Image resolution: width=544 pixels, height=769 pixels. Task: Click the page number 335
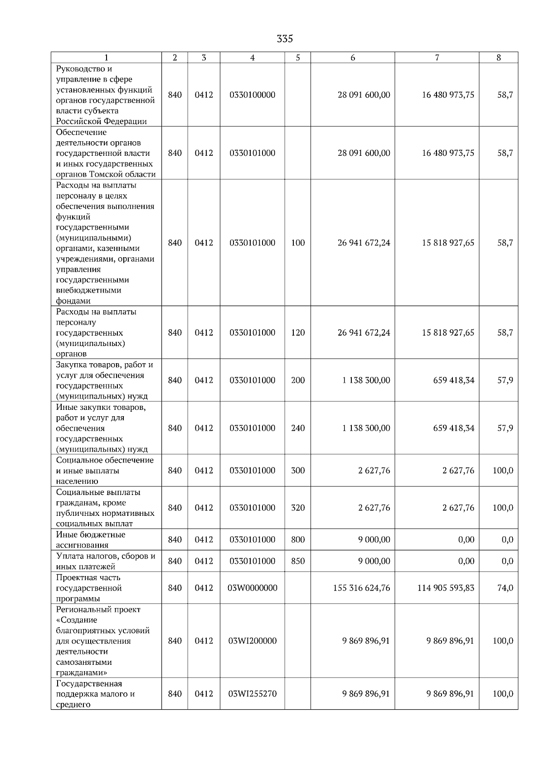click(285, 39)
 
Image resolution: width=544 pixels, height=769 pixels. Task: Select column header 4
click(253, 58)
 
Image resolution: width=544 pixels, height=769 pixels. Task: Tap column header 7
click(437, 58)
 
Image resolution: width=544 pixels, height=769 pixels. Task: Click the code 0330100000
click(253, 95)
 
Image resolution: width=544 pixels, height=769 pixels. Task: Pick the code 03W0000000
click(253, 588)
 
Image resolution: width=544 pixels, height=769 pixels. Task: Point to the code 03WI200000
click(253, 641)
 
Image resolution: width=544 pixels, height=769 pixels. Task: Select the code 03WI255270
click(253, 694)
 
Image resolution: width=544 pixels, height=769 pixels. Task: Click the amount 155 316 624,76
click(361, 588)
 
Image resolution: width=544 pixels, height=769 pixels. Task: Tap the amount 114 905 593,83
click(446, 588)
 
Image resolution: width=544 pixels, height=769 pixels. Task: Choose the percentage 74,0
click(505, 588)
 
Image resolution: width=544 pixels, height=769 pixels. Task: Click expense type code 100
click(298, 243)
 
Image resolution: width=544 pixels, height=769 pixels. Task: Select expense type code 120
click(298, 332)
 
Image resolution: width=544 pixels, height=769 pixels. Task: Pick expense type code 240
click(298, 428)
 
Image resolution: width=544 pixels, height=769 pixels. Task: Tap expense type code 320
click(298, 508)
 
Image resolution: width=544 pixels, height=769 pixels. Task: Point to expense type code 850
click(298, 561)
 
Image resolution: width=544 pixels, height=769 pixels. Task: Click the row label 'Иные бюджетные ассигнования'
click(91, 540)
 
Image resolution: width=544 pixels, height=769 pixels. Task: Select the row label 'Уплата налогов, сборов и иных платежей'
click(106, 561)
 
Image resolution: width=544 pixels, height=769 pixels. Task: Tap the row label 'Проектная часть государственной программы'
click(89, 588)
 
